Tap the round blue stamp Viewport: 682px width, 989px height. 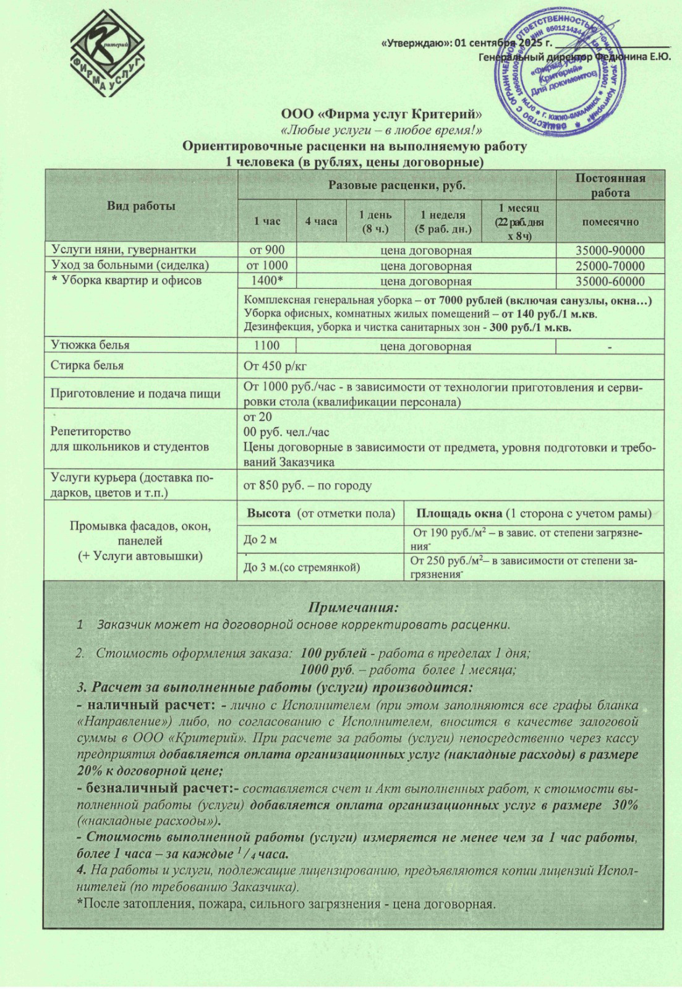pos(560,71)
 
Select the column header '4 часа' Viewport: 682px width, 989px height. pos(321,221)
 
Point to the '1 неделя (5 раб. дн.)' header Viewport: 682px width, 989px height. pos(442,221)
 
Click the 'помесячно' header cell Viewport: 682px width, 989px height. pos(610,221)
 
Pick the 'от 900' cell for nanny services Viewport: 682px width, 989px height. pos(266,250)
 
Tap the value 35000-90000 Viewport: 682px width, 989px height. pos(610,250)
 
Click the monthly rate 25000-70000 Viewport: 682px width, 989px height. pos(610,266)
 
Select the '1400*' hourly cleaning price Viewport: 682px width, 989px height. pos(266,281)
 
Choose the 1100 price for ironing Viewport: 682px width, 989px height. pos(266,346)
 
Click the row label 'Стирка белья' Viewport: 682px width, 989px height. pos(87,365)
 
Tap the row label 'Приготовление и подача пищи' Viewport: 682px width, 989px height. pos(135,394)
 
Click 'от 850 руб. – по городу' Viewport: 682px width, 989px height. pos(307,485)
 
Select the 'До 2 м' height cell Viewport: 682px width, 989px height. pos(260,540)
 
